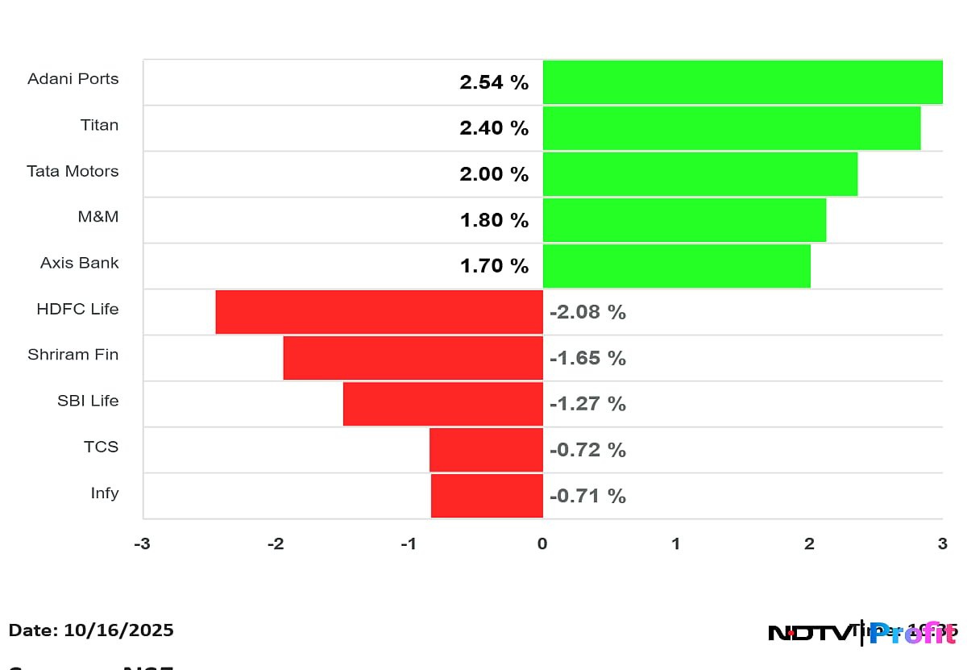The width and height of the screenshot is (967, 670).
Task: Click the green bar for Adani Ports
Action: pos(742,82)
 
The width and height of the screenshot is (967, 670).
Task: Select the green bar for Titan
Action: pos(731,128)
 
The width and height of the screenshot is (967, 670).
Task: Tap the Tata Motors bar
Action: pos(699,174)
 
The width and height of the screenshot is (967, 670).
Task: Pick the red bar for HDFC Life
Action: pos(379,312)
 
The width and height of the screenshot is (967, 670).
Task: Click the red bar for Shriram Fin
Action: pos(413,358)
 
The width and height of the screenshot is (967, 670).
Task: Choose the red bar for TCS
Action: pos(486,450)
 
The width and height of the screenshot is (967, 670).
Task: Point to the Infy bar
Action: pos(487,496)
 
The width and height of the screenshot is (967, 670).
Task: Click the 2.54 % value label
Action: pos(494,82)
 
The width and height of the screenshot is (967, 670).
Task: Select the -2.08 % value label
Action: pos(587,312)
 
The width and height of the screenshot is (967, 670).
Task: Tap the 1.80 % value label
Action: pos(494,220)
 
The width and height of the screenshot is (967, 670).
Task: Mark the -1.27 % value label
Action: pos(587,404)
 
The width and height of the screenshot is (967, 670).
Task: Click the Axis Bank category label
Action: pos(79,263)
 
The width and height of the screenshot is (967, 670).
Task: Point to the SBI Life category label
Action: pos(87,401)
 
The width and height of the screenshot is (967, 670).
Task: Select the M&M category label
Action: pos(98,217)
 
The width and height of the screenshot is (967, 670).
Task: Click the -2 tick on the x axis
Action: pos(275,544)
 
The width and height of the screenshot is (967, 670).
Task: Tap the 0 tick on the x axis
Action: pos(542,544)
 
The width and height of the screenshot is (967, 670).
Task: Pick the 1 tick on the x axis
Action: pos(675,544)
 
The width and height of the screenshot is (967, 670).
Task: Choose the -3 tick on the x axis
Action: pos(141,544)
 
